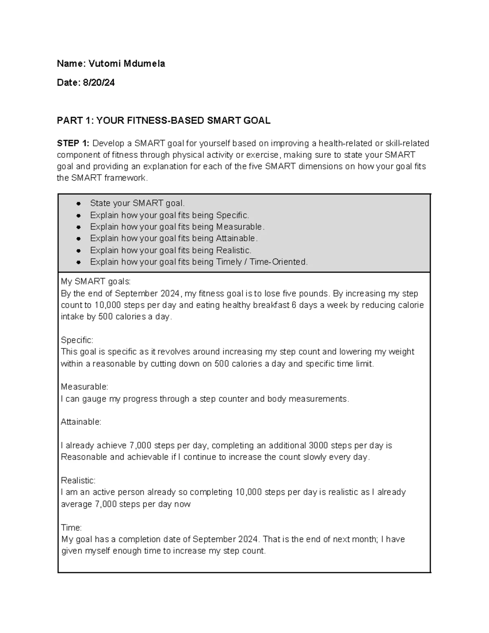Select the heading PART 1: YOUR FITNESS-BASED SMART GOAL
pyautogui.click(x=163, y=121)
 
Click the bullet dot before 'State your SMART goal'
pyautogui.click(x=78, y=203)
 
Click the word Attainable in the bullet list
pyautogui.click(x=236, y=238)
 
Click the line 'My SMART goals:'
pyautogui.click(x=96, y=282)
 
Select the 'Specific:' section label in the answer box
pyautogui.click(x=77, y=340)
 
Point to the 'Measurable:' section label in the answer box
pyautogui.click(x=84, y=386)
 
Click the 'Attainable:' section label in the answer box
pyautogui.click(x=81, y=422)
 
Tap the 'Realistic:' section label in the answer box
pyautogui.click(x=78, y=481)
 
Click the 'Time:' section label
pyautogui.click(x=71, y=527)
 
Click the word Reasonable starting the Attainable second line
pyautogui.click(x=84, y=457)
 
